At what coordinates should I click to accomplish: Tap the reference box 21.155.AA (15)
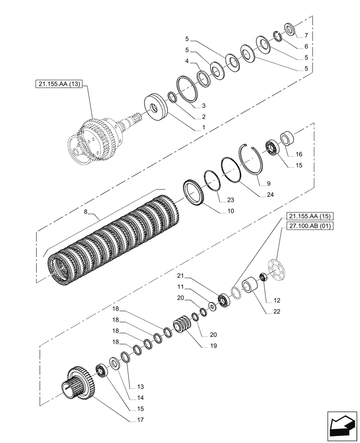click(307, 216)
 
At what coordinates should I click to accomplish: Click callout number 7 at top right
click(305, 35)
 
